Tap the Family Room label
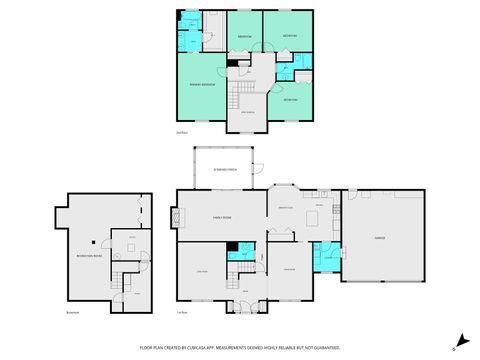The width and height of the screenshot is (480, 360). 220,216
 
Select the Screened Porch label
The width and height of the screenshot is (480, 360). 225,170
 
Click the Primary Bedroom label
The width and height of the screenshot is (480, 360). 204,85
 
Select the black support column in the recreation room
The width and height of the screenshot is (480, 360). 92,241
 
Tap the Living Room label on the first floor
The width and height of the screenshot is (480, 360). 203,270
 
